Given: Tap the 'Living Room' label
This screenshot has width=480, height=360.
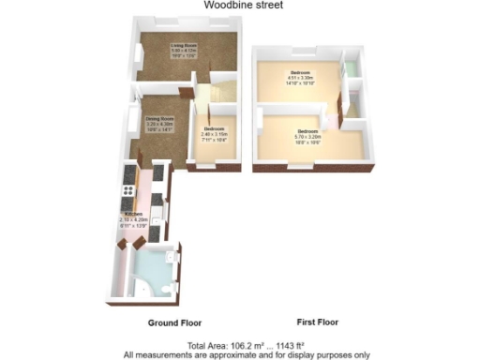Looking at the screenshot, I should (183, 45).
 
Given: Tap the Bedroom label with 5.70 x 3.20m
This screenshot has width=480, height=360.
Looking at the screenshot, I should (308, 130).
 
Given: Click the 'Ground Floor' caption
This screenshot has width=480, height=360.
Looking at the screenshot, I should (173, 322).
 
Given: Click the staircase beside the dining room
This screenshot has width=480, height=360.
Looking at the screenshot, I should (206, 94).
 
